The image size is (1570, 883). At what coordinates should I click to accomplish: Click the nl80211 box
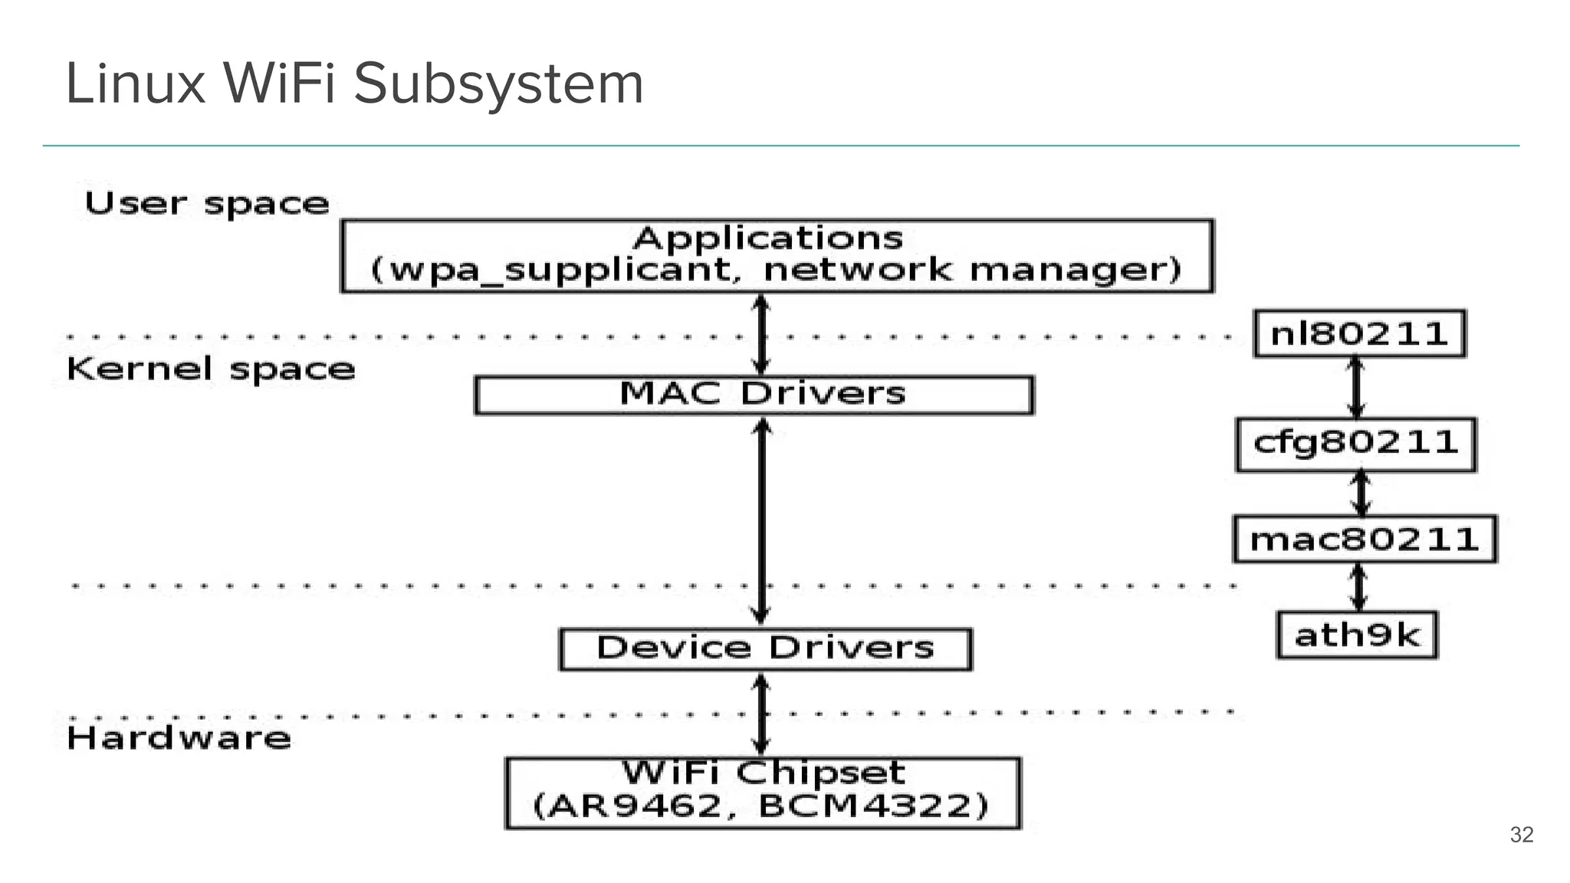coord(1359,334)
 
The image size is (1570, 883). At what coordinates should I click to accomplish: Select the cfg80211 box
coord(1355,444)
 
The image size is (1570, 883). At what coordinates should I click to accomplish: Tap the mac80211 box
coord(1365,540)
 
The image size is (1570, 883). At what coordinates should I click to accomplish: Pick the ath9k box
coord(1357,635)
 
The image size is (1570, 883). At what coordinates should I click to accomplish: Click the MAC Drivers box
coord(754,395)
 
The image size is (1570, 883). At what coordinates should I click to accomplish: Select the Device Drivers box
coord(765,649)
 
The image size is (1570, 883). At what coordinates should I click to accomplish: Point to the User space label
coord(206,204)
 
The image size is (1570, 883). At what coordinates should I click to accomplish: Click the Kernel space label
coord(211,369)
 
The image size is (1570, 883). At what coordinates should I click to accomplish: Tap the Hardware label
coord(179,738)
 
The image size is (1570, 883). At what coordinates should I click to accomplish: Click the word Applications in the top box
coord(768,238)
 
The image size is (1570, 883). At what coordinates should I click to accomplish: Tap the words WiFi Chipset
coord(764,773)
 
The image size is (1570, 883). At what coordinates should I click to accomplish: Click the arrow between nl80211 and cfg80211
coord(1356,388)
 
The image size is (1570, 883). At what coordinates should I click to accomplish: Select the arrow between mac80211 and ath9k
coord(1358,587)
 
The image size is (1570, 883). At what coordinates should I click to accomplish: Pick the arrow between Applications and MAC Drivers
coord(760,334)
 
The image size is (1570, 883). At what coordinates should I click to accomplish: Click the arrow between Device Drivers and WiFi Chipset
coord(760,714)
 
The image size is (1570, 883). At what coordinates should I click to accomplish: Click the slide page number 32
coord(1521,835)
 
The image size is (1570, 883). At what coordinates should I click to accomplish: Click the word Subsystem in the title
coord(498,84)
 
